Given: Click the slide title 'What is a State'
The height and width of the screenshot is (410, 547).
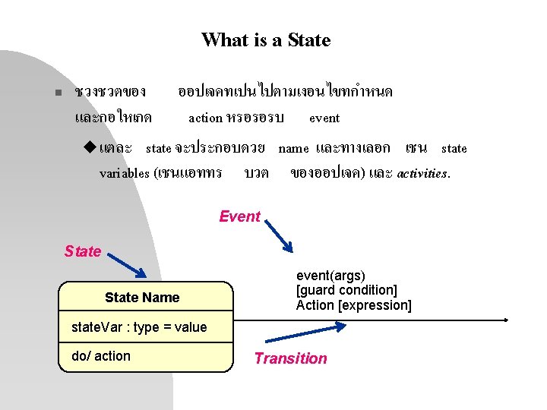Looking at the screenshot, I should point(266,39).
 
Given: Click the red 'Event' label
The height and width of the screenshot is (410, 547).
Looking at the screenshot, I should point(239,217).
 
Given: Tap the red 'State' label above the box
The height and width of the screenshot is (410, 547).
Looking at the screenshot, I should point(83,251).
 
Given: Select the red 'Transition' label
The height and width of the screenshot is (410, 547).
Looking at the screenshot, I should point(290,358).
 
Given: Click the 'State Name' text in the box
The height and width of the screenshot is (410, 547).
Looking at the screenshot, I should point(142,298).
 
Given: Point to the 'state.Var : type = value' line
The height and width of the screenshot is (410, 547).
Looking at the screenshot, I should point(138,327).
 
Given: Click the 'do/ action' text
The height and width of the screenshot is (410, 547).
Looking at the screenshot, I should point(100,356).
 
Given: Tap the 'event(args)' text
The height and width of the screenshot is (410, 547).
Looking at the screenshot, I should point(330,276).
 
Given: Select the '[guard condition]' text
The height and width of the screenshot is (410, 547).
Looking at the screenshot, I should point(346,290).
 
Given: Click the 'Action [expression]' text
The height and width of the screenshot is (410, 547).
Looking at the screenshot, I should point(353,305).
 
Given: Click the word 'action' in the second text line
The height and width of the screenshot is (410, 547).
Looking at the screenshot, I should point(205,118).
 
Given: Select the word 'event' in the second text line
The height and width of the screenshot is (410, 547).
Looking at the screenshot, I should point(324,118).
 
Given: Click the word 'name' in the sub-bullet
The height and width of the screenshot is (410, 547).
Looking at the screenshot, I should point(293,148).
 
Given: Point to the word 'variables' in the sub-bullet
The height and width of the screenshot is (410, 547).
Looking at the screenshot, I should point(124,173).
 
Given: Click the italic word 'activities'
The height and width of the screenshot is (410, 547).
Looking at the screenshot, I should point(423,173).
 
